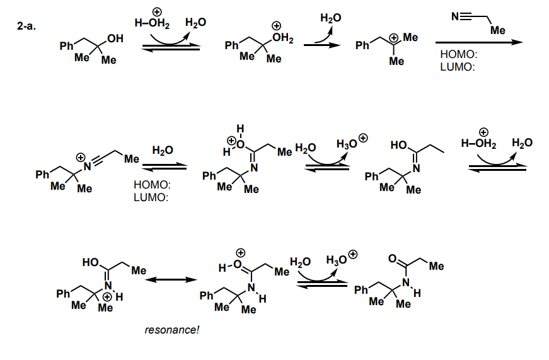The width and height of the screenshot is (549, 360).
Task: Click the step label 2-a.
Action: [x=29, y=27]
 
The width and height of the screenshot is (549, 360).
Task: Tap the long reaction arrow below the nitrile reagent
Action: [x=478, y=42]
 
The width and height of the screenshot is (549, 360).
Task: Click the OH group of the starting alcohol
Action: [x=115, y=40]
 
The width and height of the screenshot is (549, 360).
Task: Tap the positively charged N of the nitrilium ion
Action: [x=89, y=165]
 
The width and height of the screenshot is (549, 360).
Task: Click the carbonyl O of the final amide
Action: [x=393, y=258]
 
